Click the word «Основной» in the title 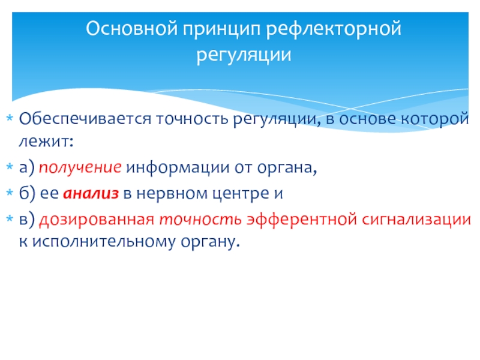(x=131, y=28)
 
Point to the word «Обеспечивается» (x=85, y=118)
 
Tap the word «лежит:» (x=46, y=141)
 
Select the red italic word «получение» (x=80, y=167)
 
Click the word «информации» (x=178, y=167)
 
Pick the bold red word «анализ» (x=91, y=193)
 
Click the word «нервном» (x=172, y=193)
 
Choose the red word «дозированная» (x=97, y=220)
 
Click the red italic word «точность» (x=200, y=220)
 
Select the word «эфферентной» (x=302, y=219)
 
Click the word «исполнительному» (x=104, y=242)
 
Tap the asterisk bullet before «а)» (x=10, y=167)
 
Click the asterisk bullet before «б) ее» (x=10, y=193)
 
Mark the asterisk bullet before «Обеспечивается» (x=10, y=118)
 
